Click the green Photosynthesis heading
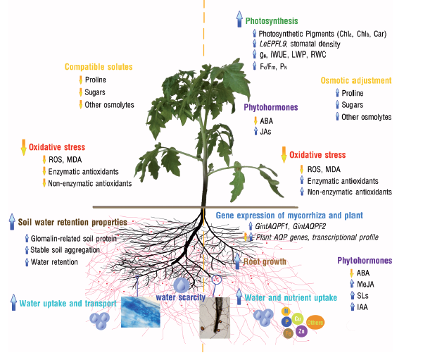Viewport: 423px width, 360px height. (x=272, y=21)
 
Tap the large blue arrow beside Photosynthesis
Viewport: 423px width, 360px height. (x=239, y=19)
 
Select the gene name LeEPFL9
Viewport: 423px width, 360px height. (x=273, y=44)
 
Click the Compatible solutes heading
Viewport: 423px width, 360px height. (x=99, y=67)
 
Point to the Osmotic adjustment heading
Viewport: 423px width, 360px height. (x=356, y=80)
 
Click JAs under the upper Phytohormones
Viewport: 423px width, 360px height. (x=265, y=132)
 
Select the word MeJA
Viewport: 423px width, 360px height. (x=365, y=284)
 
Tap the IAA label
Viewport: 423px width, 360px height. (x=362, y=307)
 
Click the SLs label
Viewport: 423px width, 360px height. (x=362, y=296)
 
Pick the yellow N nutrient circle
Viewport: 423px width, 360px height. (x=286, y=311)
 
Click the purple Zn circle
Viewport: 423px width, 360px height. (x=302, y=330)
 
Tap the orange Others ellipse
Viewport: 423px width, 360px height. (x=315, y=323)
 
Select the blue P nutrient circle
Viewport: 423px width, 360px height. (x=286, y=322)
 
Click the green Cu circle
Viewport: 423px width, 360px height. (x=298, y=319)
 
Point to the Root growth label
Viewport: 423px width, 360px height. (x=265, y=261)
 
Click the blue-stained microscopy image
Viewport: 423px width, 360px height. (x=141, y=312)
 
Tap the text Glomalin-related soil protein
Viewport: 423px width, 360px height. (x=74, y=238)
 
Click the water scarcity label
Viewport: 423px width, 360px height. (x=181, y=297)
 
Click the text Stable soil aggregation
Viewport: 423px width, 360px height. (x=65, y=250)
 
